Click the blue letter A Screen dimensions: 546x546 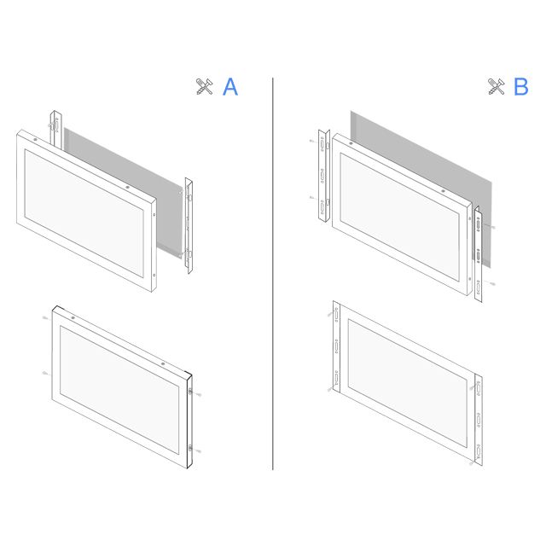(x=230, y=87)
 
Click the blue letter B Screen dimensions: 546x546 (x=521, y=87)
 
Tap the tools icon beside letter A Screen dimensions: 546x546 (x=204, y=86)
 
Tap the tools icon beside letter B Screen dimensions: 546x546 (x=496, y=86)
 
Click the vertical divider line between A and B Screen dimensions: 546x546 (x=273, y=274)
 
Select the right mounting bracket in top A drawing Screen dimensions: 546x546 (x=189, y=225)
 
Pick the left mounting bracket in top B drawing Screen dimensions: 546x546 (x=324, y=176)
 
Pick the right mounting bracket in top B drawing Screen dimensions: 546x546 (x=479, y=254)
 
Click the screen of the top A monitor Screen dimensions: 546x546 (x=84, y=213)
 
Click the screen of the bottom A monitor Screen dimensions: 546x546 (x=119, y=390)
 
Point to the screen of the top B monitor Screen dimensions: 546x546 (x=399, y=217)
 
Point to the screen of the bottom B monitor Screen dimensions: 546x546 (x=408, y=383)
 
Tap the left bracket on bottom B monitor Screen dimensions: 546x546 (x=336, y=347)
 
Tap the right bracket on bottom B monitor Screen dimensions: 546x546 (x=479, y=420)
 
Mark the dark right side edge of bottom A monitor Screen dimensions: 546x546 (x=189, y=421)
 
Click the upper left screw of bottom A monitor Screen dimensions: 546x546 (x=45, y=318)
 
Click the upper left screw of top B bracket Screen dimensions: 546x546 (x=312, y=141)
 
